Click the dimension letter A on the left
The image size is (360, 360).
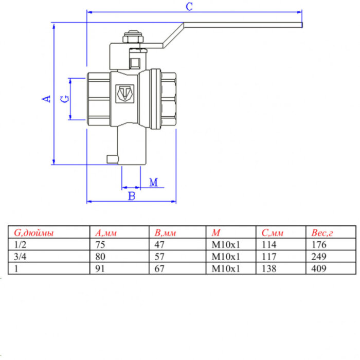[47, 98]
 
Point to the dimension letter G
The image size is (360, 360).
[64, 98]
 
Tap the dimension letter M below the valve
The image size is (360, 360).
[153, 183]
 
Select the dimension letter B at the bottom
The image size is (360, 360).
[131, 196]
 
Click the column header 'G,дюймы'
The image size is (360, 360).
[33, 233]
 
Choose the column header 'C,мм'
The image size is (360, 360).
[273, 233]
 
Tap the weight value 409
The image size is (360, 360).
[319, 267]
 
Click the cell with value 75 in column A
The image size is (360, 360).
[101, 244]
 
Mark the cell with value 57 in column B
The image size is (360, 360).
[159, 256]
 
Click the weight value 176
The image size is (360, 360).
[319, 244]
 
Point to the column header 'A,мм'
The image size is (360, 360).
[106, 233]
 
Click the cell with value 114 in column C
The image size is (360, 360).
[268, 244]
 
